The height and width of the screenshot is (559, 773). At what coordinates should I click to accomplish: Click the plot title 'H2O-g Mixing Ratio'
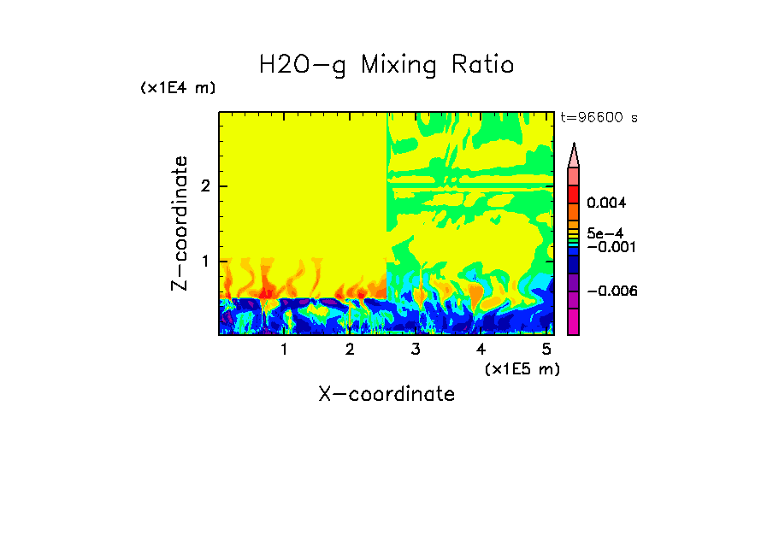[386, 65]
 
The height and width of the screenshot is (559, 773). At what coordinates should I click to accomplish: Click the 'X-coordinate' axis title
[386, 394]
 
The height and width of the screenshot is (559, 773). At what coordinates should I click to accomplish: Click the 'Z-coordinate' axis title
[180, 223]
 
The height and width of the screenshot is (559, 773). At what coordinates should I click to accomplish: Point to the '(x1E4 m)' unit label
[178, 88]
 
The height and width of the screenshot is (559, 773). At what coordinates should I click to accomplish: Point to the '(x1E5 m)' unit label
[522, 368]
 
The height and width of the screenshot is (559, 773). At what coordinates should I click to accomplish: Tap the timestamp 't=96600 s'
[599, 118]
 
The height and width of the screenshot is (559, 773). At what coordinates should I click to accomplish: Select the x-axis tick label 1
[284, 350]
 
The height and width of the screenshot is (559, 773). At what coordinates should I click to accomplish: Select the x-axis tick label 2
[350, 350]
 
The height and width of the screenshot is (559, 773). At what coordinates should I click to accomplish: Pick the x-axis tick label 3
[416, 350]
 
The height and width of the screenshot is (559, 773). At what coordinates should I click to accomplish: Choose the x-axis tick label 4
[481, 350]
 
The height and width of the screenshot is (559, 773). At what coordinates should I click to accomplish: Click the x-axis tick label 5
[546, 350]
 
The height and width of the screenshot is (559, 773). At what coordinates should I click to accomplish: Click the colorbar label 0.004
[606, 203]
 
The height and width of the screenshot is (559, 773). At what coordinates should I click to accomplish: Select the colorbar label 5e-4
[605, 233]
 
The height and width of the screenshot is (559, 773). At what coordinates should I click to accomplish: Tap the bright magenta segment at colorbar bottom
[574, 321]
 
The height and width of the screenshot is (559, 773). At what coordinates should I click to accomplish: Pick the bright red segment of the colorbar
[574, 193]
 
